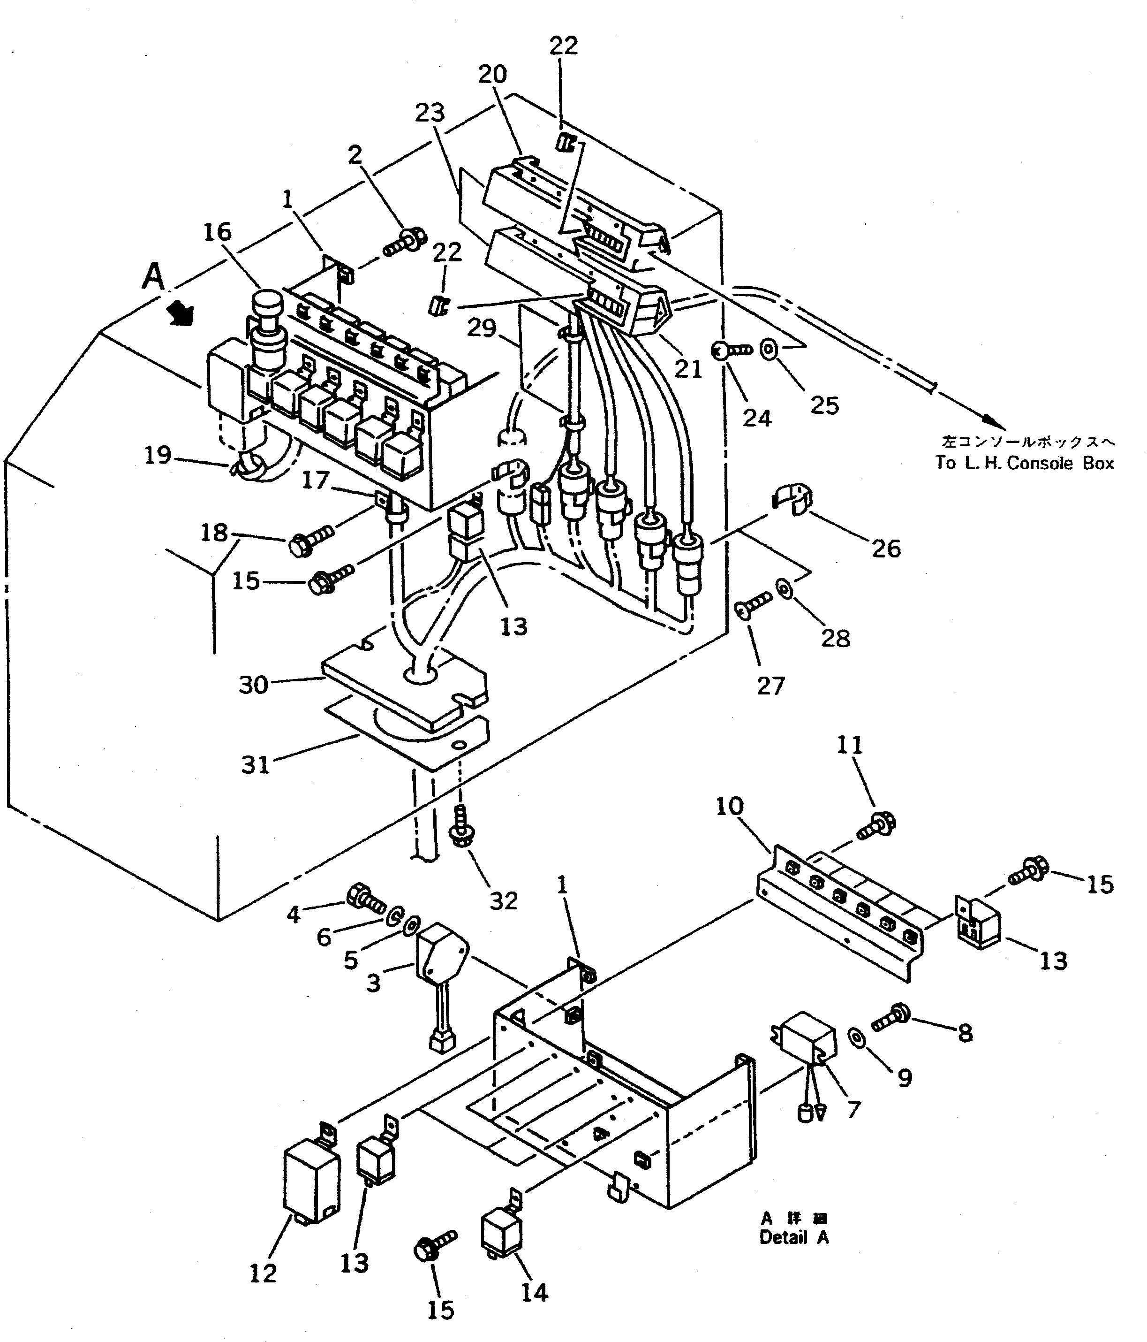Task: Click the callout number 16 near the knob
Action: click(x=218, y=232)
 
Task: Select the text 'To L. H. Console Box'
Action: click(x=1024, y=463)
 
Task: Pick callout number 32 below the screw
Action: click(x=504, y=901)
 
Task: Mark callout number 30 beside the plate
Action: click(x=253, y=685)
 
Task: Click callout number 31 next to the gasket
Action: click(x=255, y=765)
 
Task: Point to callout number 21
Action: click(x=687, y=369)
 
